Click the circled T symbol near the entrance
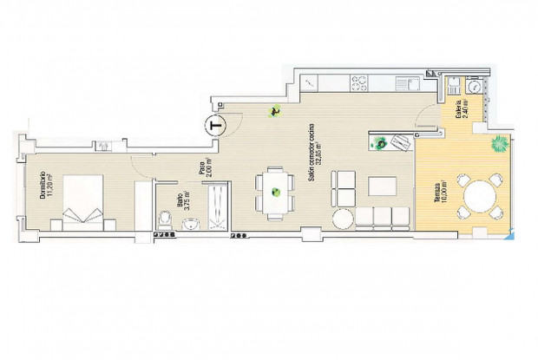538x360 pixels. click(214, 125)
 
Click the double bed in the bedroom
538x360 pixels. click(81, 200)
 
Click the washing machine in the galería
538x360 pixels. click(474, 86)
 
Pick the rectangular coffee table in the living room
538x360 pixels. click(383, 186)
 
